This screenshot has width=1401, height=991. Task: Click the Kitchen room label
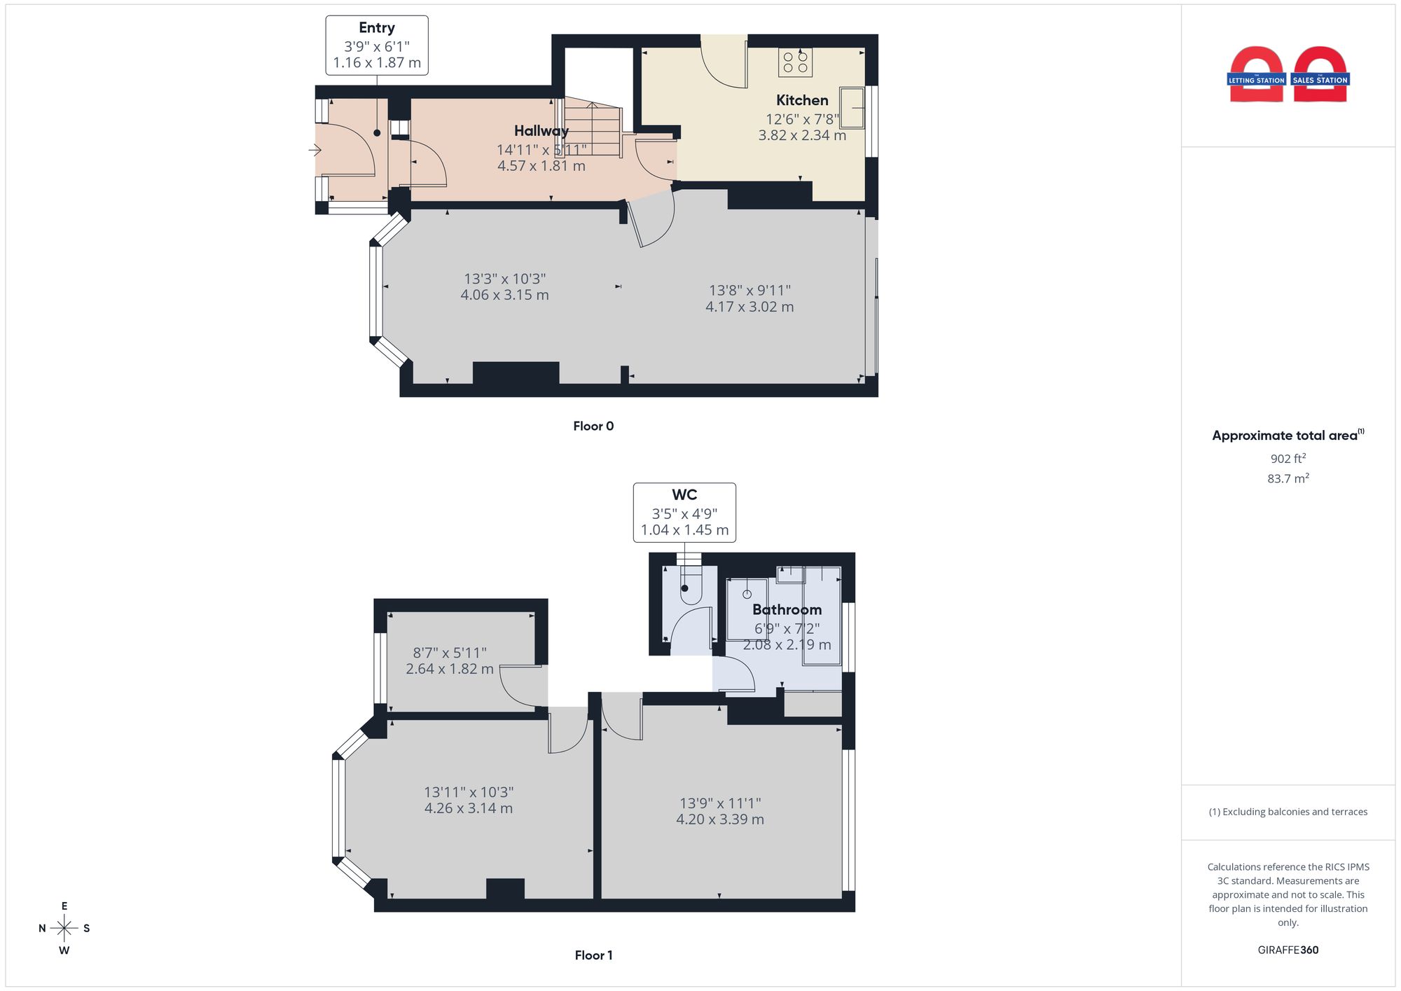[802, 100]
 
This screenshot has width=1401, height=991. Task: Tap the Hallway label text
[541, 131]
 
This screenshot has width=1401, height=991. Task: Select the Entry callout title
[377, 28]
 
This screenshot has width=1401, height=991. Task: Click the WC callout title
[684, 494]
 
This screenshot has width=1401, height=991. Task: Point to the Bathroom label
[787, 610]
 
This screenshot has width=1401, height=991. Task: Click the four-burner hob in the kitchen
[795, 62]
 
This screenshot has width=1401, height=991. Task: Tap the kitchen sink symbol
[853, 108]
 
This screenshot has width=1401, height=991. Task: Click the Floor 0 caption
[593, 426]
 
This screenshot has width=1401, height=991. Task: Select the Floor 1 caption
[593, 955]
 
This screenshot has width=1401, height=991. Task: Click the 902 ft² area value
[1288, 459]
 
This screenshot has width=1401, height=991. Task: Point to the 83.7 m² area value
[1288, 478]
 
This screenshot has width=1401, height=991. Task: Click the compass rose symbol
[64, 929]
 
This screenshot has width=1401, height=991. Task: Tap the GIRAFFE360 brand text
[1288, 950]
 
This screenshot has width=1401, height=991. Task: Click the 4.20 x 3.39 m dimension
[720, 819]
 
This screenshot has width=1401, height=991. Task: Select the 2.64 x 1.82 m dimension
[450, 669]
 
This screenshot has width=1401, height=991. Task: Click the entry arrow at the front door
[315, 150]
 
